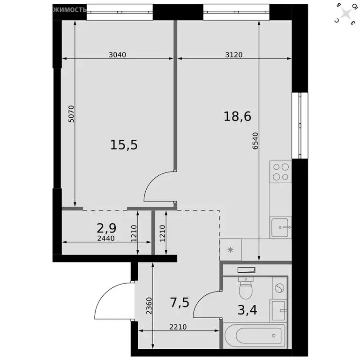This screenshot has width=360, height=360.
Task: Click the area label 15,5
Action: pyautogui.click(x=124, y=145)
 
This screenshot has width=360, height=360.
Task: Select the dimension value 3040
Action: pyautogui.click(x=117, y=54)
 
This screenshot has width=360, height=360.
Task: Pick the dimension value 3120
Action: pyautogui.click(x=233, y=54)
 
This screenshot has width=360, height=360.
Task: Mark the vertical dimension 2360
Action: pyautogui.click(x=149, y=305)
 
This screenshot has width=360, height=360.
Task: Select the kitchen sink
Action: pyautogui.click(x=280, y=227)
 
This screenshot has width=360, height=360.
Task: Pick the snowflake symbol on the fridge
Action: pyautogui.click(x=230, y=249)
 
